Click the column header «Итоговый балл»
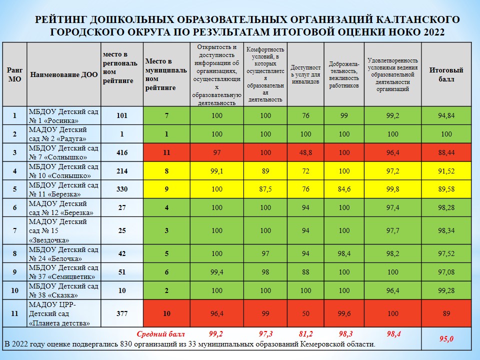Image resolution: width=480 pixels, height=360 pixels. tap(446, 75)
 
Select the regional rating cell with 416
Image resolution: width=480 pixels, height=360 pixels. tap(121, 152)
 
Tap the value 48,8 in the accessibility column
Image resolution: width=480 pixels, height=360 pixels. tap(305, 152)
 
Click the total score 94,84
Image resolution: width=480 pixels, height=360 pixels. tap(446, 115)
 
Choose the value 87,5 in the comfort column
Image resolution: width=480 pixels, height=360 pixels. tap(265, 189)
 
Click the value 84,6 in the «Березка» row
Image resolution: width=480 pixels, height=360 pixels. tap(344, 189)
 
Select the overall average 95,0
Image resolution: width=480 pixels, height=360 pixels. tap(446, 339)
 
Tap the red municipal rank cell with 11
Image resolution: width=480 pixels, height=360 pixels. tap(166, 152)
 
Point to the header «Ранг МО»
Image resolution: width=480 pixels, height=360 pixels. tap(14, 75)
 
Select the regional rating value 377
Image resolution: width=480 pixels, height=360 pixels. tap(121, 313)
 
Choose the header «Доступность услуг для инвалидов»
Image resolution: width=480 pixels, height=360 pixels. tap(305, 75)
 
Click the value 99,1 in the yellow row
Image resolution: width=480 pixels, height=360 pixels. tap(216, 171)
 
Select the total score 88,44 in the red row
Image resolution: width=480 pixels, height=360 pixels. tap(446, 152)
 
